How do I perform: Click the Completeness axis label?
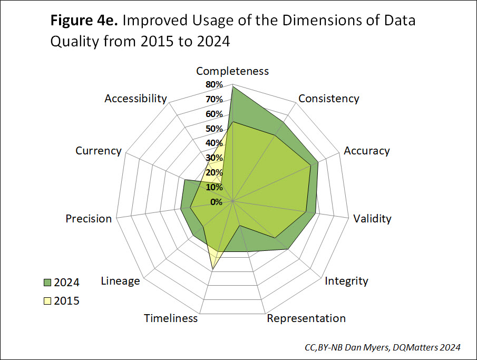point(232,71)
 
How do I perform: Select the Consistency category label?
point(328,99)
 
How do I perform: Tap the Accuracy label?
point(367,151)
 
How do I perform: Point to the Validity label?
point(372,218)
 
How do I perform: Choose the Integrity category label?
point(346,280)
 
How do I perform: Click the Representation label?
point(306,318)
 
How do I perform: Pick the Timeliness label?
point(171,318)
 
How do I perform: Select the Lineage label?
point(120,280)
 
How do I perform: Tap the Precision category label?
point(89,218)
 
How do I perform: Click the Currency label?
point(99,151)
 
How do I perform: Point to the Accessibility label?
point(135,99)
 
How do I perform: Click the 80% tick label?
point(215,85)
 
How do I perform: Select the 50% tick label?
point(215,129)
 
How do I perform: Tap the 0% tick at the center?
point(216,202)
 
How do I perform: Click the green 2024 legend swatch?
point(47,283)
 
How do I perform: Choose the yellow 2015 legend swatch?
point(47,301)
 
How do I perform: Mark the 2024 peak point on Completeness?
point(232,86)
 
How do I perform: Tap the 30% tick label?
point(215,158)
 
